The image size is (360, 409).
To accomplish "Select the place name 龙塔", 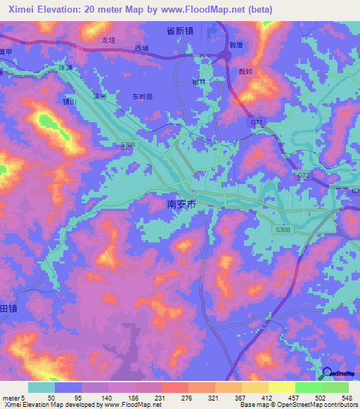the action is [108, 41].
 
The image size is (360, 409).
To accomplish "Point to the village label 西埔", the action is [141, 48].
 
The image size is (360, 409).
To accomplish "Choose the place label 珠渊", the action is [65, 67].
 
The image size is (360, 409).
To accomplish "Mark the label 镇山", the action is [70, 100].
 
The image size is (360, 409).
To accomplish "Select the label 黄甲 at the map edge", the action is [6, 51].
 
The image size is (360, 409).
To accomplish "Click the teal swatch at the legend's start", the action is [41, 387].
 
